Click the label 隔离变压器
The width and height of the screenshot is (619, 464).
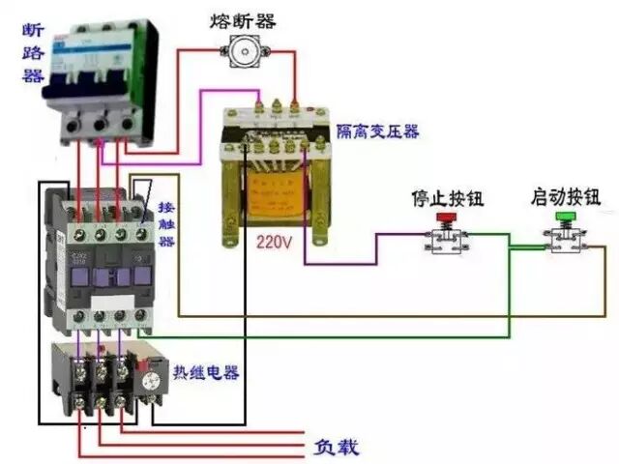(376, 130)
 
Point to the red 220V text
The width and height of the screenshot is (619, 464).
(274, 243)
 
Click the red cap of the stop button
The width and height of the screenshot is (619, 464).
(447, 219)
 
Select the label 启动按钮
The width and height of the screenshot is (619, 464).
(565, 197)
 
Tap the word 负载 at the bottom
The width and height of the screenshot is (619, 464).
(336, 447)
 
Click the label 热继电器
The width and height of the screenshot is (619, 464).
(205, 372)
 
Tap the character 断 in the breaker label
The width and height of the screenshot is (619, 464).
(32, 30)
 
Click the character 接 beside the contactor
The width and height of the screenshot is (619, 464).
(166, 208)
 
